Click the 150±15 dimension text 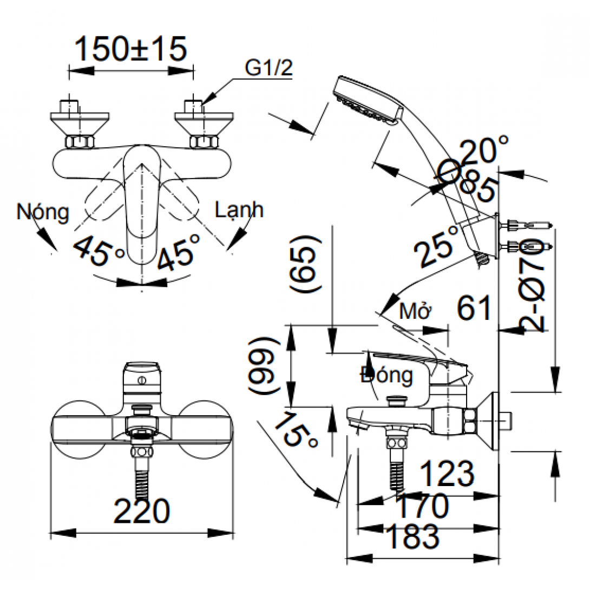point(130,49)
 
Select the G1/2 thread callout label point(268,68)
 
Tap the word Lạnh point(239,209)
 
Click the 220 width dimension point(142,511)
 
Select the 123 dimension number point(448,474)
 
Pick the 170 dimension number point(422,506)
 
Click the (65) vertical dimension point(304,265)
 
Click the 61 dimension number point(474,309)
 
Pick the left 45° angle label point(100,250)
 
